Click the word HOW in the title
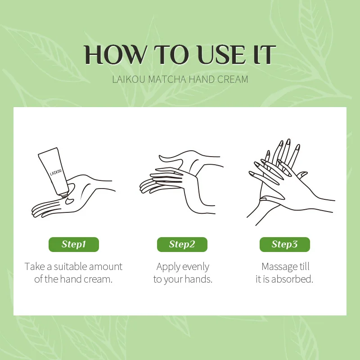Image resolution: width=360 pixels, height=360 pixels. [115, 54]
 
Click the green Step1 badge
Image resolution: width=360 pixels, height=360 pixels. [74, 244]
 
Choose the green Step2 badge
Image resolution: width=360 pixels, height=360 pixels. [182, 244]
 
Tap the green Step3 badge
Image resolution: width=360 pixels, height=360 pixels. [285, 244]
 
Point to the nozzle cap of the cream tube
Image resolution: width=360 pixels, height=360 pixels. [64, 195]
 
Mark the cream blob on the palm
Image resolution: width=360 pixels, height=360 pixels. [70, 201]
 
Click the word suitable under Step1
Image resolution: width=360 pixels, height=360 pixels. [71, 267]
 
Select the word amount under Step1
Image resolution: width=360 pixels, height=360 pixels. [106, 267]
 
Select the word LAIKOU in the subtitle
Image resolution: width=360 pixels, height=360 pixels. [129, 79]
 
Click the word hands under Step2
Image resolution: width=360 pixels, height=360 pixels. [198, 279]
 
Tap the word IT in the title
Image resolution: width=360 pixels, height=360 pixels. [265, 54]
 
